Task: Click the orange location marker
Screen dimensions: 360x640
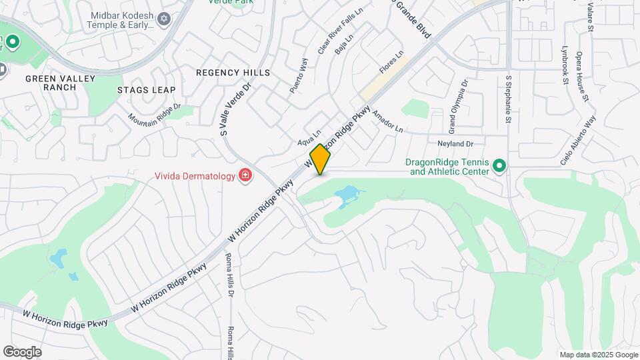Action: click(320, 159)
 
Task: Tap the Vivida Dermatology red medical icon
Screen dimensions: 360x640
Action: click(245, 176)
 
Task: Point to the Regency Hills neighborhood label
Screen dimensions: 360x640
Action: click(233, 72)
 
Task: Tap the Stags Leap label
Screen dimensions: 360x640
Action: click(146, 90)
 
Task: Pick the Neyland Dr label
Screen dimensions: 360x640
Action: click(455, 143)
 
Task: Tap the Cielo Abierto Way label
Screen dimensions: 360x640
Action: click(578, 141)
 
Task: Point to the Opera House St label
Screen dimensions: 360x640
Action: click(583, 77)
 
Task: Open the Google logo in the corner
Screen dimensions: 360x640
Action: click(21, 352)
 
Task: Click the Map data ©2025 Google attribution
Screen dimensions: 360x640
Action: click(598, 355)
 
